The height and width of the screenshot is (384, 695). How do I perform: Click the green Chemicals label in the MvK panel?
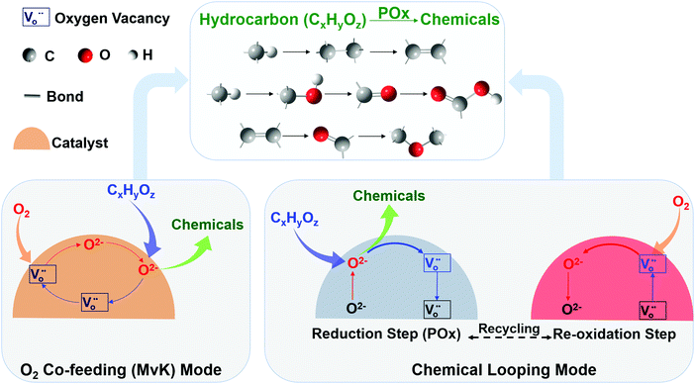207,225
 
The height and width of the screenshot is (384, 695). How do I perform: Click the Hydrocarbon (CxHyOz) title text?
303,17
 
